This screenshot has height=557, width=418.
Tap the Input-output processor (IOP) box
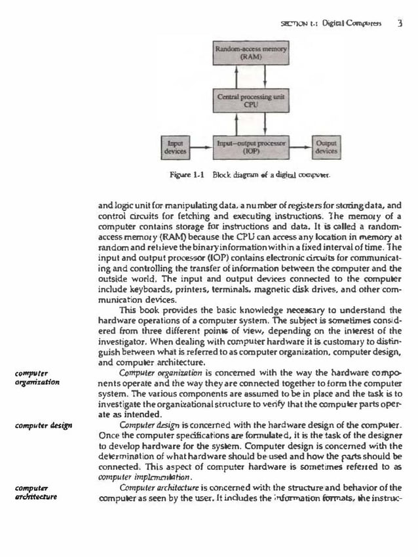pyautogui.click(x=252, y=145)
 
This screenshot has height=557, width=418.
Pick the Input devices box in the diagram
pyautogui.click(x=175, y=145)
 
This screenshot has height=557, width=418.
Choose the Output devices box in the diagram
pyautogui.click(x=326, y=145)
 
